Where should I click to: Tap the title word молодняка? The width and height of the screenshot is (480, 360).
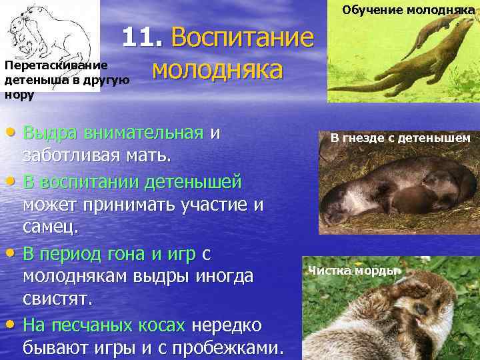click(x=217, y=69)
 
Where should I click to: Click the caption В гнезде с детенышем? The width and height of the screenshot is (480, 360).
click(x=401, y=138)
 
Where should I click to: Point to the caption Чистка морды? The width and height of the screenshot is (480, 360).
click(x=350, y=270)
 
